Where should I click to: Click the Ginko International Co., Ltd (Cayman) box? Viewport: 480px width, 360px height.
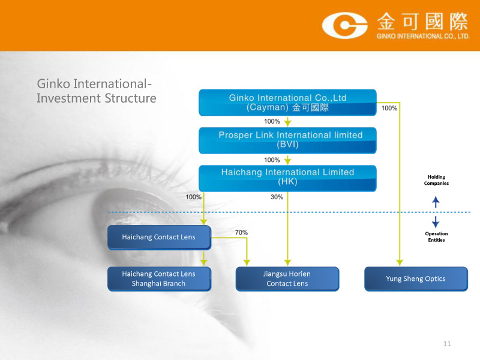click(287, 102)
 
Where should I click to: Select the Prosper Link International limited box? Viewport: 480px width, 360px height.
click(287, 140)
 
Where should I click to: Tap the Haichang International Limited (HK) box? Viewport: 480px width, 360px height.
click(287, 178)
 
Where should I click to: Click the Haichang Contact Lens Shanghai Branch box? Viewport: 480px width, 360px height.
click(159, 279)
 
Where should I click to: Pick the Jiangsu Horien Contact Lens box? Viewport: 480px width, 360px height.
click(287, 279)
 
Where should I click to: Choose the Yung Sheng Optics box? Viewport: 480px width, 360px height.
click(416, 279)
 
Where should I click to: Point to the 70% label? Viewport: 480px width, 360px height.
click(241, 232)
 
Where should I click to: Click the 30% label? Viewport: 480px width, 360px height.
click(277, 197)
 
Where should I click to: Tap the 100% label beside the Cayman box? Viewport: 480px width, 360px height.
click(389, 109)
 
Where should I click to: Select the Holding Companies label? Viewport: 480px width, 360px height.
click(436, 180)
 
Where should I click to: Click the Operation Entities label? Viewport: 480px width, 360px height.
click(436, 237)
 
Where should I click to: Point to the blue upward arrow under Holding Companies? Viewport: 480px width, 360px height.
click(436, 203)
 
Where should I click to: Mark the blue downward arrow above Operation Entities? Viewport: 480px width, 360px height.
click(436, 221)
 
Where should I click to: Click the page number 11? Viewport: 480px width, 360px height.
click(446, 344)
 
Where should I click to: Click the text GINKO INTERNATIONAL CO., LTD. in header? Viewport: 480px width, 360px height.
click(422, 36)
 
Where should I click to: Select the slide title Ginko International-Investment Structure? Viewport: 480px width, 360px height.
click(96, 91)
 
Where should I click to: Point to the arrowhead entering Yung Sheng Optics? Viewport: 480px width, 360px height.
click(400, 262)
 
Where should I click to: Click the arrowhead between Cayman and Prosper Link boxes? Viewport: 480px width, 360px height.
click(288, 122)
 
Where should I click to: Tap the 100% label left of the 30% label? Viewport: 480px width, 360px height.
click(193, 197)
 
